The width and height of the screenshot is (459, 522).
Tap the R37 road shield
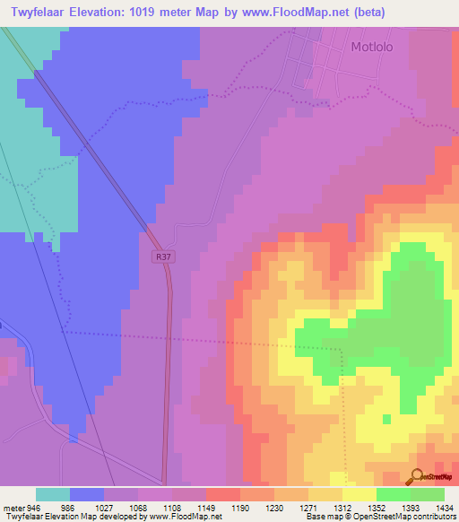click(160, 257)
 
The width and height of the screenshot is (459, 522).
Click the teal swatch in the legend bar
click(53, 494)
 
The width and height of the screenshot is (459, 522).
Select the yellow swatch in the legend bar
click(359, 494)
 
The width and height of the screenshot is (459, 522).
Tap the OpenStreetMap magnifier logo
click(417, 477)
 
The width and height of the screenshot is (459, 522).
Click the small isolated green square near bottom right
click(385, 418)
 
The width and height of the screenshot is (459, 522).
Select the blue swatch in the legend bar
click(87, 494)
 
